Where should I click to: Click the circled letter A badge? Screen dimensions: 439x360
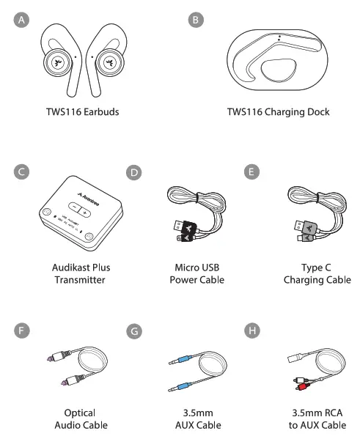click(x=23, y=21)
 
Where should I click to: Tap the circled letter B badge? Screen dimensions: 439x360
click(x=196, y=21)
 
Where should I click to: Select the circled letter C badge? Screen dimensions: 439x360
click(x=23, y=172)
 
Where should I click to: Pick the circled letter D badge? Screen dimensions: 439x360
click(x=133, y=172)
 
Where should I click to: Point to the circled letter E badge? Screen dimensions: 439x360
click(x=252, y=172)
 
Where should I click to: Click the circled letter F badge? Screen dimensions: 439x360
click(x=23, y=331)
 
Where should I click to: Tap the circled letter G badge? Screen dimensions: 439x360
click(x=133, y=331)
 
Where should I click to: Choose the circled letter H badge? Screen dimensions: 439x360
click(x=252, y=331)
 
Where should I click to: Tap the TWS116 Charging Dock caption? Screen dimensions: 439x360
click(x=278, y=112)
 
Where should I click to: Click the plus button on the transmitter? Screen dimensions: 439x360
click(x=85, y=213)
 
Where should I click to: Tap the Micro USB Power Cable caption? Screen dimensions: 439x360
click(x=196, y=273)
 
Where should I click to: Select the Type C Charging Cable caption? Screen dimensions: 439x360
click(x=317, y=273)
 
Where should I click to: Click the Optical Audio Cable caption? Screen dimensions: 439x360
click(x=81, y=419)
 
